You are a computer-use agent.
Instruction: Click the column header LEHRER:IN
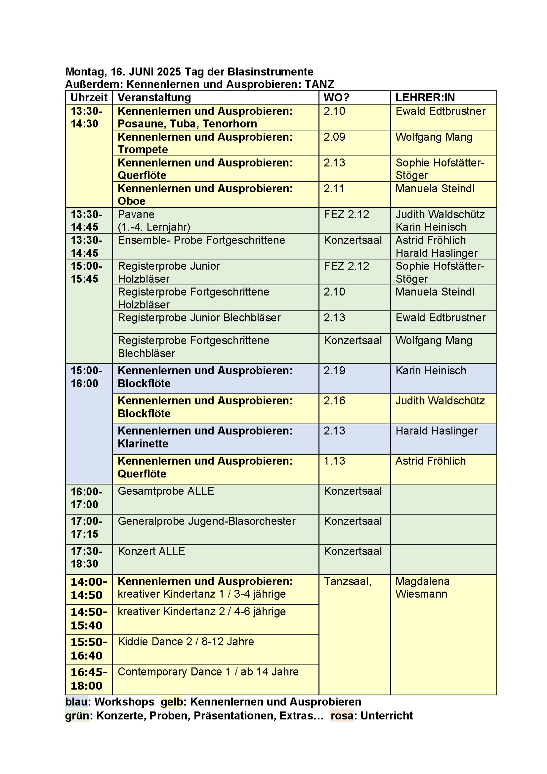[x=425, y=98]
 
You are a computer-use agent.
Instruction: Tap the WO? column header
[x=336, y=98]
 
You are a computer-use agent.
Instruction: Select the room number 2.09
[x=334, y=137]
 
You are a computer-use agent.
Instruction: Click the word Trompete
[x=142, y=149]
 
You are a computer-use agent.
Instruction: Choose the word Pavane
[x=136, y=214]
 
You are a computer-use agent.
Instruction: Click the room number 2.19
[x=334, y=370]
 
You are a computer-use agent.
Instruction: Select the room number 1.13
[x=334, y=461]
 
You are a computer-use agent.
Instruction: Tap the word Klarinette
[x=142, y=444]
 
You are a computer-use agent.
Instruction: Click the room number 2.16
[x=334, y=401]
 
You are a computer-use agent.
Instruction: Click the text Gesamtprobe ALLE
[x=166, y=491]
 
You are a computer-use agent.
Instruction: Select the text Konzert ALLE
[x=151, y=551]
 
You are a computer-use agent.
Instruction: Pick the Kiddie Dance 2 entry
[x=186, y=642]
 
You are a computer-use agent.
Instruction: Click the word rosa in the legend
[x=342, y=716]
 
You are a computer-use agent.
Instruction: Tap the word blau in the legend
[x=76, y=701]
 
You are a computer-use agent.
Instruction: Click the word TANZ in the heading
[x=319, y=84]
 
